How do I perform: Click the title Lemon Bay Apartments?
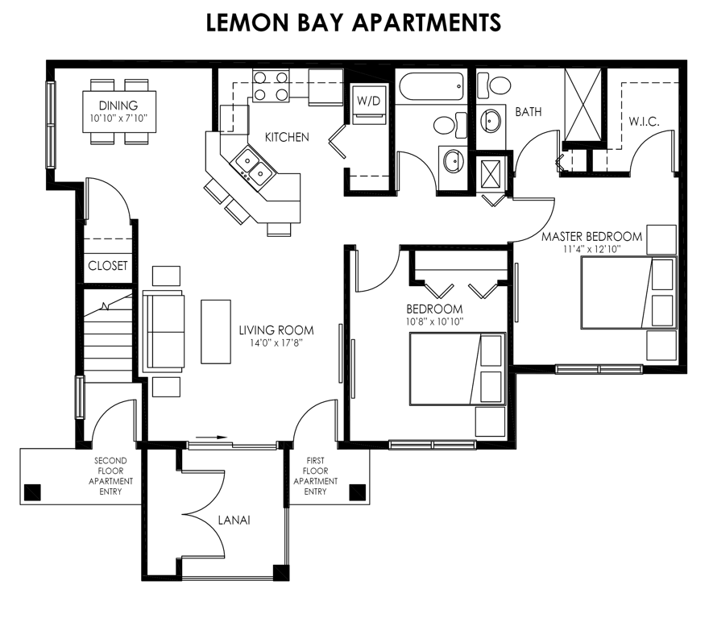354,23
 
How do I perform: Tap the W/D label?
369,101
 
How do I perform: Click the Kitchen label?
286,137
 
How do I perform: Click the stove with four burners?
271,85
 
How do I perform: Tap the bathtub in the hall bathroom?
430,87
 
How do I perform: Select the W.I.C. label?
645,122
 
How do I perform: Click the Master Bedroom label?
591,237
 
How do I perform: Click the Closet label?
107,266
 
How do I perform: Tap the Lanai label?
234,521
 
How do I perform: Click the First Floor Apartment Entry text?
315,476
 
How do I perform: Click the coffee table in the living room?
215,330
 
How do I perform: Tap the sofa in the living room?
163,330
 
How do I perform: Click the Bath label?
527,112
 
